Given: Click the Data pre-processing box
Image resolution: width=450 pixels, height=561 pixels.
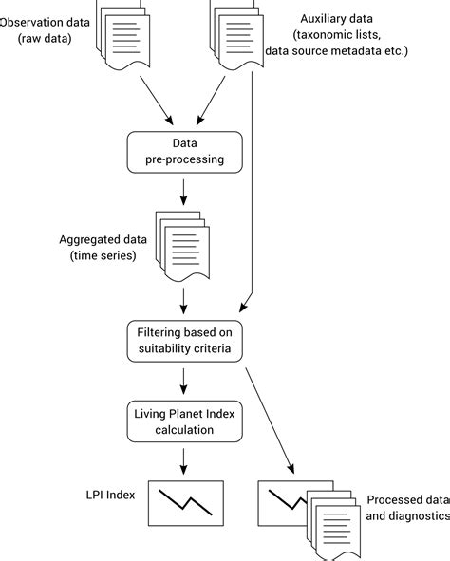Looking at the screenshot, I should point(185,151).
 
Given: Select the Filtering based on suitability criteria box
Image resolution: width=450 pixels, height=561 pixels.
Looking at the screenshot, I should point(185,341).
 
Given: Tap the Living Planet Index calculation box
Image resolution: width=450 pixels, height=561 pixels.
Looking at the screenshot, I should point(185,421).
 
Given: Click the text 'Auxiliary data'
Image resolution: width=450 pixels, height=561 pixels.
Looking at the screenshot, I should point(338,18).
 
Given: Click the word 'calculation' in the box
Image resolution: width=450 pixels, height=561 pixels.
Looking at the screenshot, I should point(185,430).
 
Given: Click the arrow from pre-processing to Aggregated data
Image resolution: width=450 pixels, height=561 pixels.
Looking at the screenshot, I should point(184,193).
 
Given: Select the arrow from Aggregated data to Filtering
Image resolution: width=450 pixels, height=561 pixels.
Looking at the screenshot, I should point(185,303).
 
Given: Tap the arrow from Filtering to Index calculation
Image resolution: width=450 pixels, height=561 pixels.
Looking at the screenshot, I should point(185,382).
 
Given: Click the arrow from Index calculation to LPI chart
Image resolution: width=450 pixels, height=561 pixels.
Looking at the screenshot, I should point(185,462).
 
